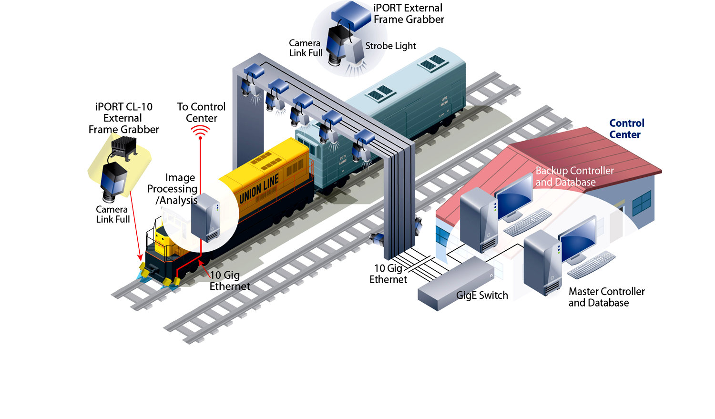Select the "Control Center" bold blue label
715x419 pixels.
626,129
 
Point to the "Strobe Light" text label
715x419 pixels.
390,46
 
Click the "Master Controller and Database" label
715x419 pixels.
606,297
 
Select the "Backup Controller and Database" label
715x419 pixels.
574,176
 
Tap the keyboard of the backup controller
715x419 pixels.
527,223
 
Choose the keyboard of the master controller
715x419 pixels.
591,265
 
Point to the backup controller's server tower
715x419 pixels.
479,219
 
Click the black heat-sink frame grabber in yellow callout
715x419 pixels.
124,145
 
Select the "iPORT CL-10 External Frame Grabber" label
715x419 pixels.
123,118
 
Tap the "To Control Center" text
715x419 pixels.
201,112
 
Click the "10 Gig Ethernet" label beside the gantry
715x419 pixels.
388,274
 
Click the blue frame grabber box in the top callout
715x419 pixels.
352,15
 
